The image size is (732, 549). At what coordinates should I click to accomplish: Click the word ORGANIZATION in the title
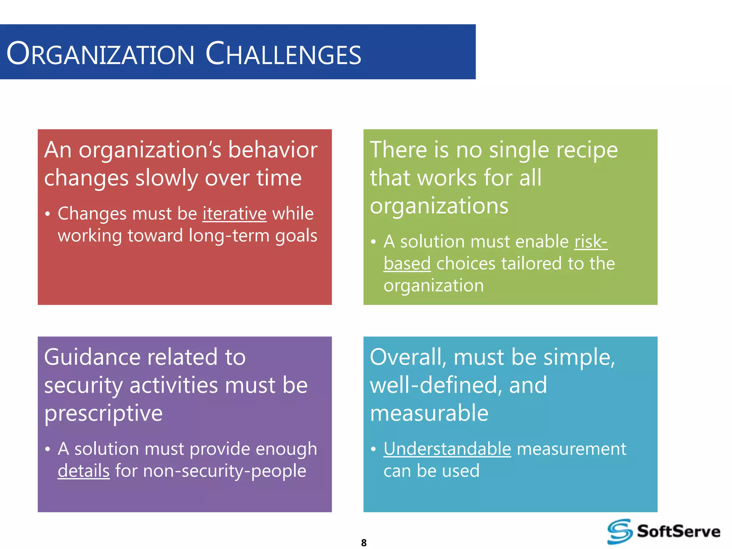[100, 54]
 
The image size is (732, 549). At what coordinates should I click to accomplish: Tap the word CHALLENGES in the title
[283, 54]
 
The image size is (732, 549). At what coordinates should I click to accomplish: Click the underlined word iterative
[234, 214]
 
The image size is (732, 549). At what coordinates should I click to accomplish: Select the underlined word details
[84, 471]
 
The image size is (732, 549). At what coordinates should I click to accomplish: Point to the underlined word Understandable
[447, 449]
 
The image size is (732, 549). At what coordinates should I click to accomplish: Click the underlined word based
[407, 264]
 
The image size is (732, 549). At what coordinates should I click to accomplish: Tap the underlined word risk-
[591, 242]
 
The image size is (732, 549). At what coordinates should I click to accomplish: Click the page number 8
[364, 543]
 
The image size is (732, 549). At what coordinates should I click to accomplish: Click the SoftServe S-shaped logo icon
[620, 531]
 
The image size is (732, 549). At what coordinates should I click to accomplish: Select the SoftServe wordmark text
[678, 531]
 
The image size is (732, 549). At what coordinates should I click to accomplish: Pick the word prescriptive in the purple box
[103, 414]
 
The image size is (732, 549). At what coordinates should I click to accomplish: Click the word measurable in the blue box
[429, 413]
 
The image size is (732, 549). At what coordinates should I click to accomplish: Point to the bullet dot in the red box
[48, 214]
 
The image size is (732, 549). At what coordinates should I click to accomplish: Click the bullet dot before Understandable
[373, 449]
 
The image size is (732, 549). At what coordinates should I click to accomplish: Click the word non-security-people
[224, 471]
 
